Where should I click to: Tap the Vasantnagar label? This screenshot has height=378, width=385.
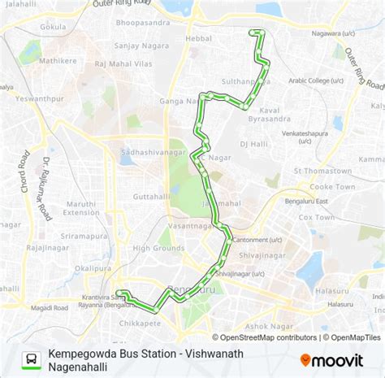[x=188, y=224]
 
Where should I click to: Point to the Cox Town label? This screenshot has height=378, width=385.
[x=316, y=218]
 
